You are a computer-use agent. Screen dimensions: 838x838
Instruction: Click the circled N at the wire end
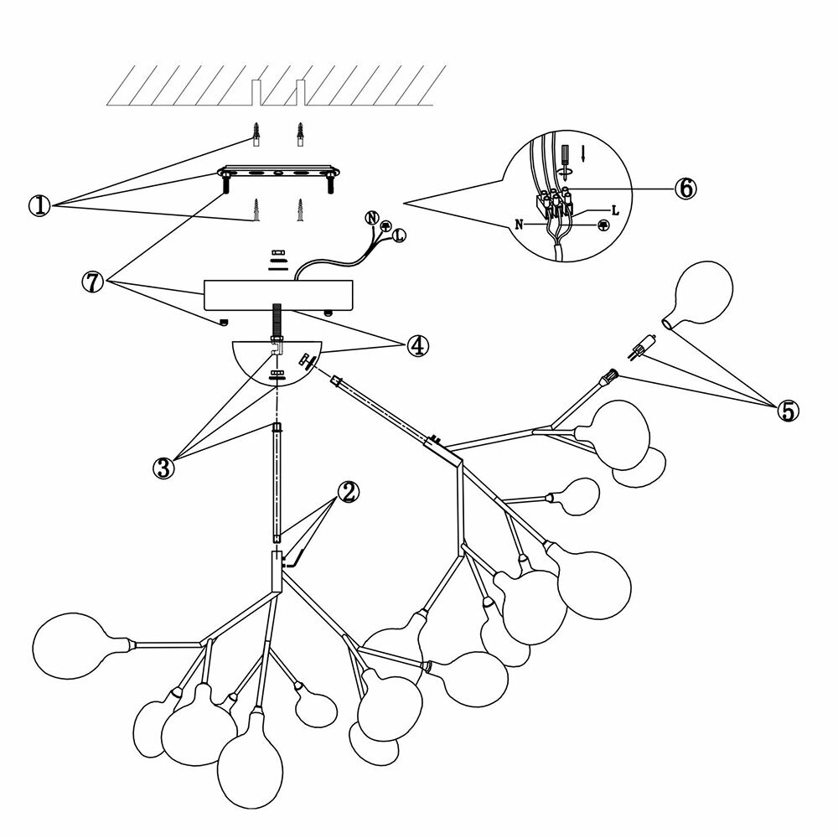click(373, 217)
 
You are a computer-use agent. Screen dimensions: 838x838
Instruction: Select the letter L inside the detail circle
click(615, 210)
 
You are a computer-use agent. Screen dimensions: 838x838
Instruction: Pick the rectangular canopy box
click(281, 294)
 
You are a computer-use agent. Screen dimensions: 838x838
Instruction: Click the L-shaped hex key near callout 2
click(296, 560)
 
